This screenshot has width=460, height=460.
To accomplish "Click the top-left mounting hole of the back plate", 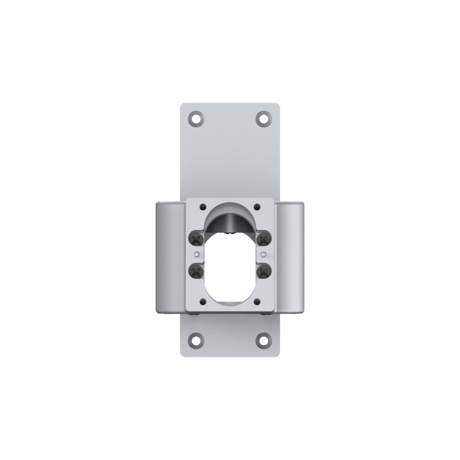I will pyautogui.click(x=196, y=119).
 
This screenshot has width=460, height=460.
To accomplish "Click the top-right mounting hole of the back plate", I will pyautogui.click(x=264, y=119).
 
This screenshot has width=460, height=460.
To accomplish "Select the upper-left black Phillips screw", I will pyautogui.click(x=195, y=238).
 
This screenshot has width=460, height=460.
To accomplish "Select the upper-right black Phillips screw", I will pyautogui.click(x=264, y=238).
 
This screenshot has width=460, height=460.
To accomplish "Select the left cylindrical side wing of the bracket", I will pyautogui.click(x=170, y=256).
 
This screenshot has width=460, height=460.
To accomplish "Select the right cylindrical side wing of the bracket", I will pyautogui.click(x=289, y=256).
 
